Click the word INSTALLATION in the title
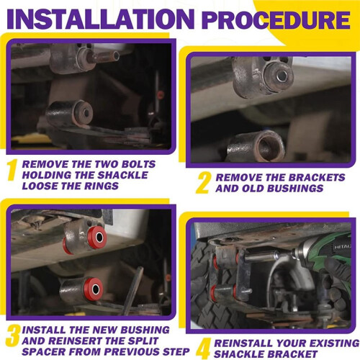(101, 19)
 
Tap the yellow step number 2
(204, 183)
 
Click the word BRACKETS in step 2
(317, 177)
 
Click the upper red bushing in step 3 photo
(97, 237)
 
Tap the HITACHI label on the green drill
(343, 247)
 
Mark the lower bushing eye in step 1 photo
(69, 114)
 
